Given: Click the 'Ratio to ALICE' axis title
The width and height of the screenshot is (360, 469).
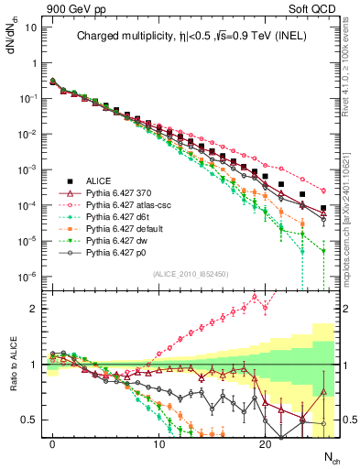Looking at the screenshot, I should tap(13, 365).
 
